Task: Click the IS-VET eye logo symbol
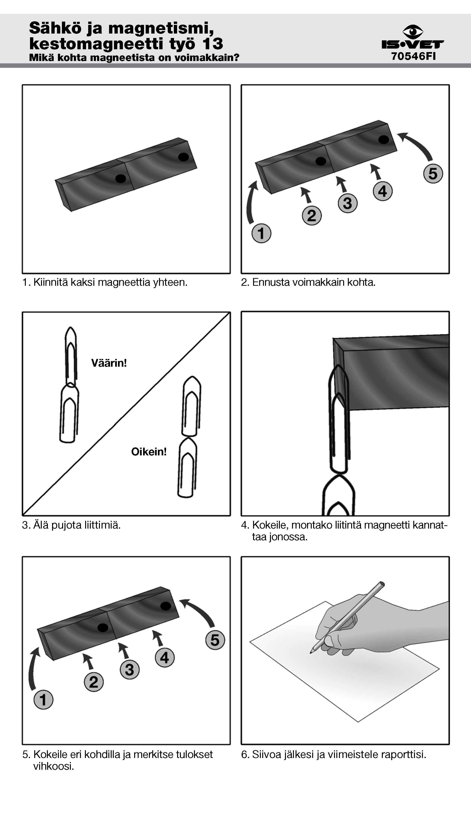click(x=413, y=32)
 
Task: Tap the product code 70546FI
click(x=414, y=56)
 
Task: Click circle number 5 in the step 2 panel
click(x=433, y=173)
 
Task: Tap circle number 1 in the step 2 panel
click(x=261, y=233)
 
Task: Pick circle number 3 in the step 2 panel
click(x=347, y=203)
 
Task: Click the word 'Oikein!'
click(x=149, y=452)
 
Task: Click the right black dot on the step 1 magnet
click(x=183, y=157)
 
